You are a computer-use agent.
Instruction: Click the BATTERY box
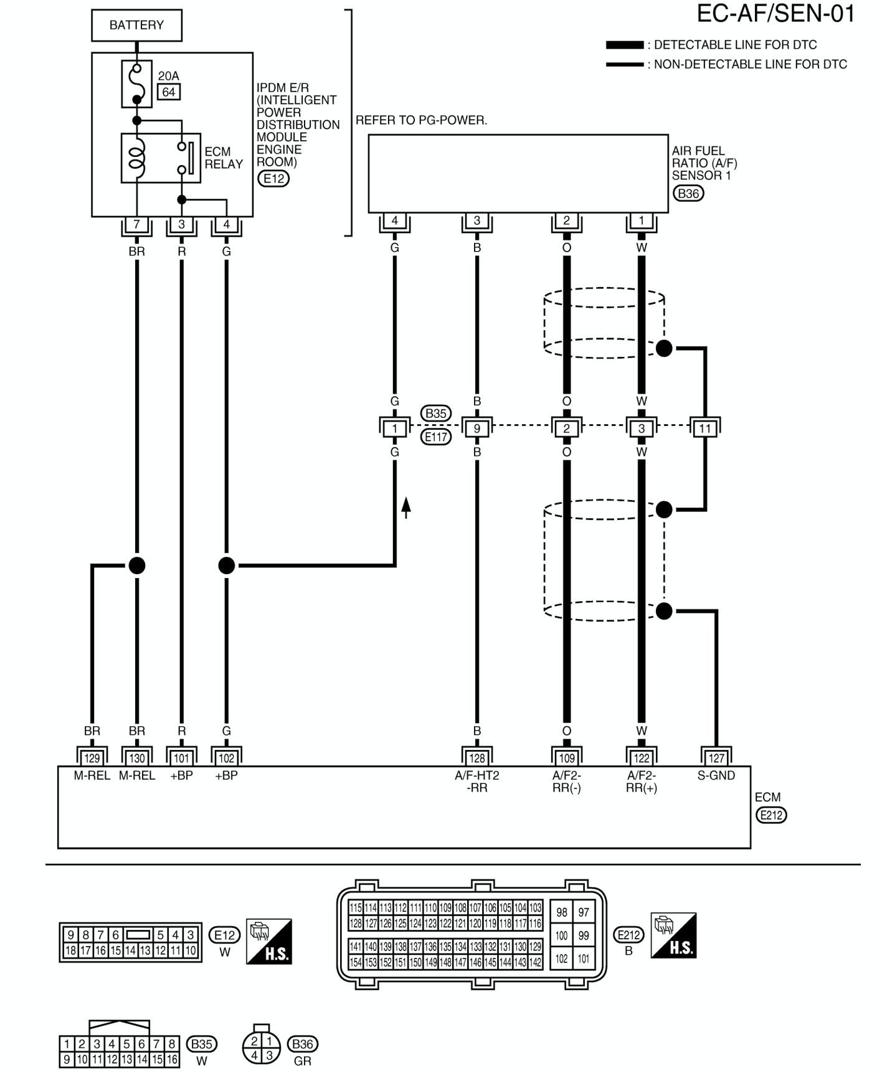tap(136, 25)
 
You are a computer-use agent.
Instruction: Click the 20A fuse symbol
tap(136, 84)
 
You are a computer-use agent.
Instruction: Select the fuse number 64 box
tap(168, 92)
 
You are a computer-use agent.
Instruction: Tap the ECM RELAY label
tap(224, 158)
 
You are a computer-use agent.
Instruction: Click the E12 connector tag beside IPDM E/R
tap(273, 179)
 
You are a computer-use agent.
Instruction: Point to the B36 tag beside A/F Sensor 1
tap(688, 193)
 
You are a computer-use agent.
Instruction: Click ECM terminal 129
tap(92, 758)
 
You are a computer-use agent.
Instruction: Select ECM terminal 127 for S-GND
tap(716, 758)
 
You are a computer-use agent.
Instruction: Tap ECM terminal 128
tap(477, 758)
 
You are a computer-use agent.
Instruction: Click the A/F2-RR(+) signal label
tap(642, 782)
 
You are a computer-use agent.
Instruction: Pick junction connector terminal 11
tap(704, 429)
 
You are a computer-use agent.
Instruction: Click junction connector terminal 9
tap(477, 429)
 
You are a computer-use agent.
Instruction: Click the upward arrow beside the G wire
tap(406, 507)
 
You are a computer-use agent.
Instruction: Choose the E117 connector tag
tap(436, 437)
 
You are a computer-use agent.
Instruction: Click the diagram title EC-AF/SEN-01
tap(775, 14)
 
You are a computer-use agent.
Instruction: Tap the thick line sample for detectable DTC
tap(625, 45)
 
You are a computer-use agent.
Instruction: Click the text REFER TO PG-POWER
tap(422, 120)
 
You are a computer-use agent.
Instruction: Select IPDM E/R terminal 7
tap(136, 224)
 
